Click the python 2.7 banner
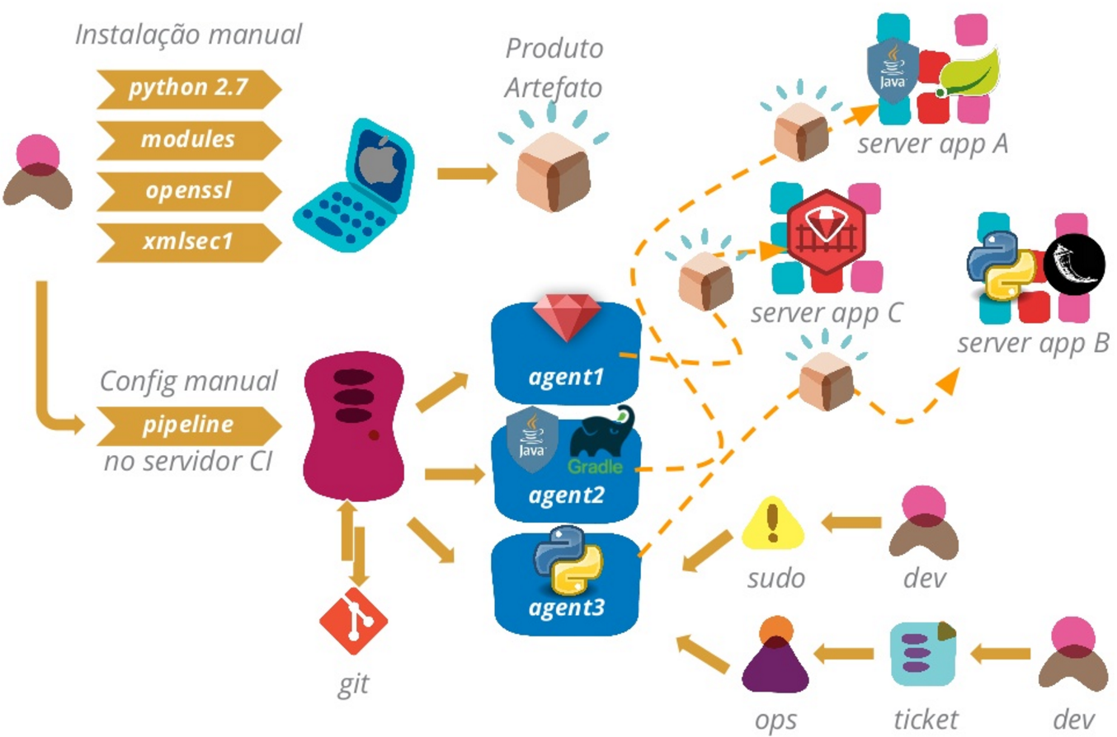click(x=189, y=88)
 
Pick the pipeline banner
click(x=189, y=425)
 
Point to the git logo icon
click(x=354, y=620)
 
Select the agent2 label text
click(x=567, y=496)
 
